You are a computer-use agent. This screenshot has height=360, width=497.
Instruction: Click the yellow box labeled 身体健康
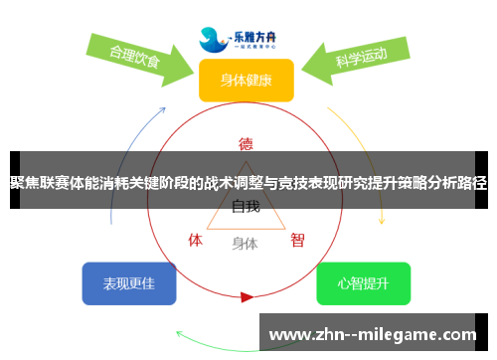tap(246, 80)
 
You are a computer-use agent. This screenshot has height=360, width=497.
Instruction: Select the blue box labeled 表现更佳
tap(129, 283)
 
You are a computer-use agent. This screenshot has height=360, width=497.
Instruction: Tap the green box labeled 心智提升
tap(363, 283)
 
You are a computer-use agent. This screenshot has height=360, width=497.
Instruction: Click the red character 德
tap(246, 143)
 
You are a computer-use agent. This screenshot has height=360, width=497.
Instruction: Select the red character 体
tap(196, 240)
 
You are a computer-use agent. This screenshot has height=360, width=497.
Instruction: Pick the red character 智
tap(296, 240)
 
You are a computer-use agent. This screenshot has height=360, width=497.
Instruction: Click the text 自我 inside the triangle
tap(246, 208)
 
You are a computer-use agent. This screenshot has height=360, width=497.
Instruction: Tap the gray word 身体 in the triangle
tap(245, 243)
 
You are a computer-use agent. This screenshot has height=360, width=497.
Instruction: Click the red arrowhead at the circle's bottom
tap(247, 296)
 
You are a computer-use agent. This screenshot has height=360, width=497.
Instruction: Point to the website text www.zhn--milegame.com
tap(374, 334)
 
